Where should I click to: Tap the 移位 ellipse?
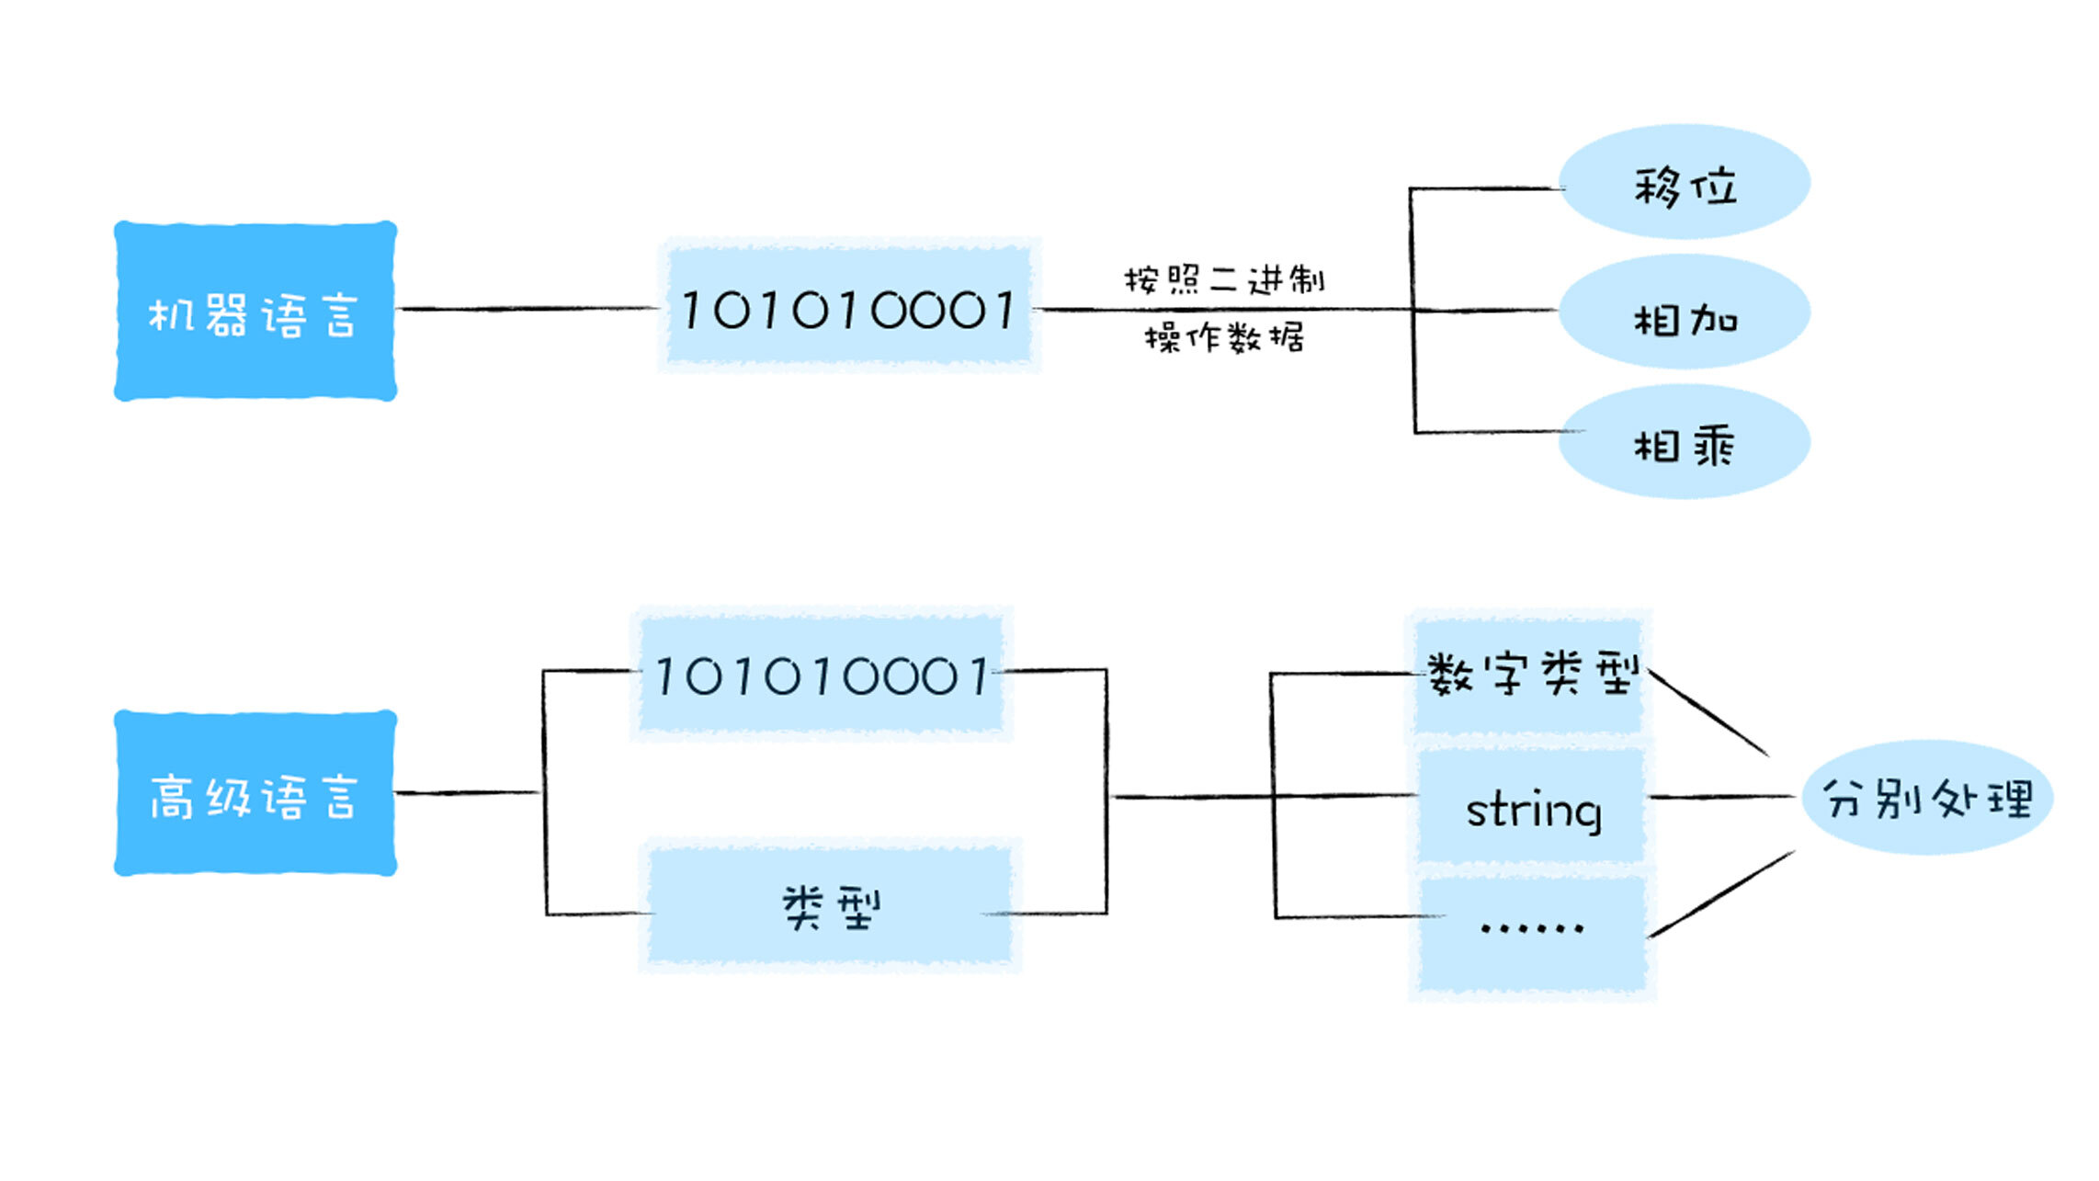[x=1685, y=182]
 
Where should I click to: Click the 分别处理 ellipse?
[x=1927, y=798]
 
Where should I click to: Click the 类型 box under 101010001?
[x=830, y=906]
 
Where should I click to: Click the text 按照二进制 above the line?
[x=1223, y=279]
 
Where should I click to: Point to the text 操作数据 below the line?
[x=1223, y=338]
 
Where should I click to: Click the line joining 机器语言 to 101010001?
[x=528, y=309]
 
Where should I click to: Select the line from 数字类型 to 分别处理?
[x=1709, y=713]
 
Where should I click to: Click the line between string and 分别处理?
[x=1720, y=797]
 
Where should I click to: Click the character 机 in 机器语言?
[x=169, y=315]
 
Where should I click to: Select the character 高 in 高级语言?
[x=171, y=797]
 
